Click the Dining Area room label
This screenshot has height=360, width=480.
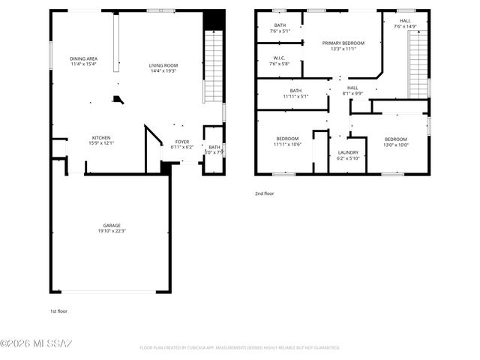coord(84,58)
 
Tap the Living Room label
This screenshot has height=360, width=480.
coord(163,66)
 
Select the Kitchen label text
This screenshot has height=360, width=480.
coord(101,138)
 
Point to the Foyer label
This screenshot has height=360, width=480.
coord(182,142)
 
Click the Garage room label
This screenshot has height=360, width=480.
coord(112,225)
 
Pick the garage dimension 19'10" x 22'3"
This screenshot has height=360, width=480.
coord(112,231)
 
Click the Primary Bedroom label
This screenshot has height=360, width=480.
coord(343,43)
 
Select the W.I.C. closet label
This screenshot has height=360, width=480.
coord(278,58)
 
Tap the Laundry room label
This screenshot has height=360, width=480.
coord(348,152)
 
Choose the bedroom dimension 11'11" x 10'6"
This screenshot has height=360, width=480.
coord(287,145)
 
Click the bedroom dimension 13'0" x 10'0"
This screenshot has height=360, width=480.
coord(396,145)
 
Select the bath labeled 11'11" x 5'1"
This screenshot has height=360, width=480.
coord(295,96)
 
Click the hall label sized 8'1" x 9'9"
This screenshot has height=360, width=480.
coord(352,94)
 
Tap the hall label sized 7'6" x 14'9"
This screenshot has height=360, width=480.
coord(405,27)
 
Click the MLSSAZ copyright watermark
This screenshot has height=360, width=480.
coord(36,343)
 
